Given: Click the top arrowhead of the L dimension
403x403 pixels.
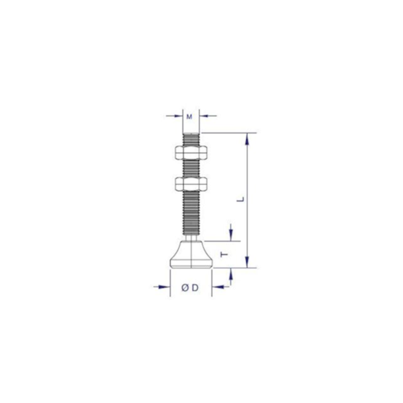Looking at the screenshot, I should coord(249,138).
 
